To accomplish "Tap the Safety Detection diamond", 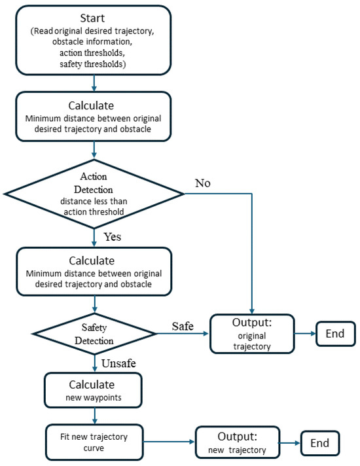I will (x=96, y=334).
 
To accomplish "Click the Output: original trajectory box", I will (x=252, y=334).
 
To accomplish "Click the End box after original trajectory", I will (x=335, y=334).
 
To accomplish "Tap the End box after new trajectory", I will (x=319, y=442).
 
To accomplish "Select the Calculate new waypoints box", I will (x=96, y=389).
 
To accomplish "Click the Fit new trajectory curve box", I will (x=96, y=442).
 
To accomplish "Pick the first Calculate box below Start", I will (x=96, y=118).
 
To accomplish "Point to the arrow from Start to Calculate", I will (x=96, y=83).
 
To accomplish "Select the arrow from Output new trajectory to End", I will (x=290, y=442).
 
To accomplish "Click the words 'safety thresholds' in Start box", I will (x=96, y=64).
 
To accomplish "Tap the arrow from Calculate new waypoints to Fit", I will (x=96, y=416).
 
